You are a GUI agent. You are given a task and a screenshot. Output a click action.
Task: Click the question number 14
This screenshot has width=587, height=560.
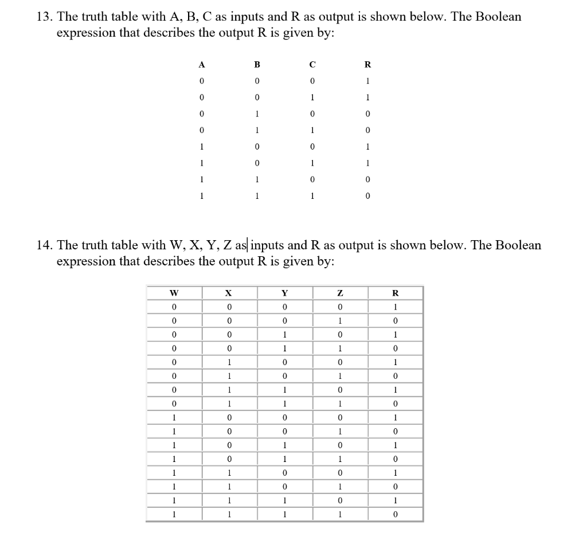click(42, 245)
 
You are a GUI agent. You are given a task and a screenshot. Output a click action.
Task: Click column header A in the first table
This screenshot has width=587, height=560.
click(201, 65)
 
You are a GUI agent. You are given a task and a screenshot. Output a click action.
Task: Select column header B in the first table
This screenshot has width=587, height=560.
click(257, 65)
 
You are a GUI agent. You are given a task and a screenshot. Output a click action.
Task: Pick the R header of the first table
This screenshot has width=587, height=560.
click(367, 65)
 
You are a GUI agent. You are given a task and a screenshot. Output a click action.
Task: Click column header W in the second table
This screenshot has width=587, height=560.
click(174, 293)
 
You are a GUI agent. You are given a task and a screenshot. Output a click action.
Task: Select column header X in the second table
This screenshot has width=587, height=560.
click(229, 293)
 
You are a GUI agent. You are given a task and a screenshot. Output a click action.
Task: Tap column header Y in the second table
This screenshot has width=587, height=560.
click(284, 293)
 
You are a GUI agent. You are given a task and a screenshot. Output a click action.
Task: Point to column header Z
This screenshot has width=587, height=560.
click(339, 293)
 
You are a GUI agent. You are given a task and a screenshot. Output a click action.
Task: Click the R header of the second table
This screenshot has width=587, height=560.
click(395, 293)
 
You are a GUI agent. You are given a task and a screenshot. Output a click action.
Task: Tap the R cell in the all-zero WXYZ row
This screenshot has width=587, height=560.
click(395, 307)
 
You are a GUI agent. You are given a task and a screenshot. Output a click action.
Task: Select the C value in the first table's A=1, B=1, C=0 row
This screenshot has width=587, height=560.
click(312, 180)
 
